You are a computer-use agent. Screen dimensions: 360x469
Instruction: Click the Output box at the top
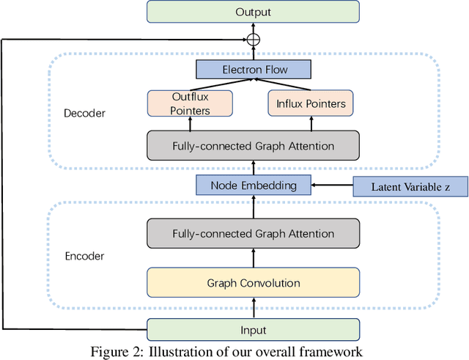pyautogui.click(x=253, y=12)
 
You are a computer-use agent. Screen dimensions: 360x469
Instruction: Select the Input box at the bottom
pyautogui.click(x=253, y=330)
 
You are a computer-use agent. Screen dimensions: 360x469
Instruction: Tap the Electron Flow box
pyautogui.click(x=254, y=70)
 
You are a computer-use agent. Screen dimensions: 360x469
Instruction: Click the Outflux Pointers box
pyautogui.click(x=190, y=103)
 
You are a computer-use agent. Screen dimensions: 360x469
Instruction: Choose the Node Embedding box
pyautogui.click(x=254, y=185)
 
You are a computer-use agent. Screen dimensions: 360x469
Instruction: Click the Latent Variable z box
pyautogui.click(x=410, y=187)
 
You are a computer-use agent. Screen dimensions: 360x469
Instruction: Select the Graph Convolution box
pyautogui.click(x=253, y=282)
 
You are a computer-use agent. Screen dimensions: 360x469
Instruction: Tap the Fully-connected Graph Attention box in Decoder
pyautogui.click(x=253, y=145)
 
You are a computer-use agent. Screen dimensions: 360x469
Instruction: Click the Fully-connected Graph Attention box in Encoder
pyautogui.click(x=253, y=234)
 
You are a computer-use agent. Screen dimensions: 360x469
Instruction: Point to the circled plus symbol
pyautogui.click(x=254, y=40)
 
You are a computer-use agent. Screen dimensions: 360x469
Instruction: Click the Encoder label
pyautogui.click(x=85, y=257)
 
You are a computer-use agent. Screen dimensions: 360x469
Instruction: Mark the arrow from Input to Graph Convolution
pyautogui.click(x=254, y=308)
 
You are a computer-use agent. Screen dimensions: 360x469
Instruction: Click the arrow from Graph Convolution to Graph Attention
pyautogui.click(x=254, y=258)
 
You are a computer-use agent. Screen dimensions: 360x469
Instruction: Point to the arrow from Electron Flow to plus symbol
pyautogui.click(x=254, y=54)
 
